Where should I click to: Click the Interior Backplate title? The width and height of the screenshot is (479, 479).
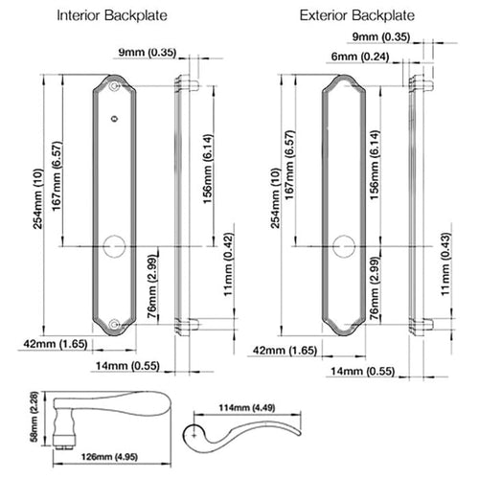click(x=112, y=15)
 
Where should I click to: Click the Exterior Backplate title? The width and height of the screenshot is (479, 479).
click(x=357, y=15)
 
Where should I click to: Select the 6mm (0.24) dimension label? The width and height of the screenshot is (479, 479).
click(x=360, y=57)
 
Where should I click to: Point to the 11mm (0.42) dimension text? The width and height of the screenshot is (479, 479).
click(x=229, y=264)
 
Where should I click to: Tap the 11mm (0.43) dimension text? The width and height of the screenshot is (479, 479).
click(x=445, y=264)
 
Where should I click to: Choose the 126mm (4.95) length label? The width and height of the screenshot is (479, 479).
click(x=109, y=457)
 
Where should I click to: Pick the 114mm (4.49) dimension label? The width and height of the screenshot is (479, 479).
click(x=247, y=408)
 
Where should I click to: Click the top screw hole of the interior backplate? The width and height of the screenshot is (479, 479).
click(x=114, y=86)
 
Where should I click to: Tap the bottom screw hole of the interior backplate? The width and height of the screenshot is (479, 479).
click(x=114, y=325)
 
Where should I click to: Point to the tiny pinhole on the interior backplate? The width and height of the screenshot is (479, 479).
click(x=114, y=119)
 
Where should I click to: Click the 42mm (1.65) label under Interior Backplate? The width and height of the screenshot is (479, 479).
click(x=56, y=344)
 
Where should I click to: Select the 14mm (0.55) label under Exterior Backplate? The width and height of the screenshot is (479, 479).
click(x=363, y=371)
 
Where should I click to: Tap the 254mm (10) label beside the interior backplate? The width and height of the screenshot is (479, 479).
click(x=37, y=198)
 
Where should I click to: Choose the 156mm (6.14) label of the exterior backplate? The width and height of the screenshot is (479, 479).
click(x=375, y=165)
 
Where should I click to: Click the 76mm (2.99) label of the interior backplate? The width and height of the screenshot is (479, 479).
click(x=152, y=286)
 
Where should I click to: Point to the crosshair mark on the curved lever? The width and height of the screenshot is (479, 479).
click(x=194, y=435)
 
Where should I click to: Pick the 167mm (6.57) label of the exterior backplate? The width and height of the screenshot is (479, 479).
click(x=289, y=165)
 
